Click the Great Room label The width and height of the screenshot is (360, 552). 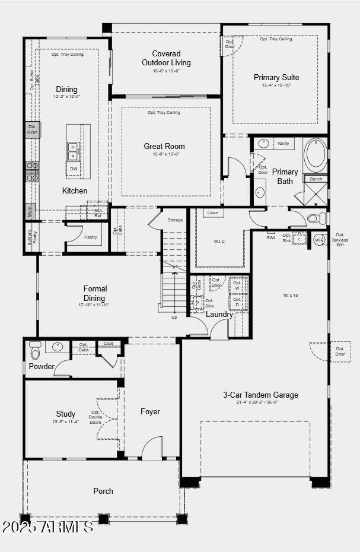pos(164,146)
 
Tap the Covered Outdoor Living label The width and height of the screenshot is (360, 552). pos(166,58)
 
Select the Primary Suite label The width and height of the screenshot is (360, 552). pos(276,77)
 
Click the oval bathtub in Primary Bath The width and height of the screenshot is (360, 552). pos(316,156)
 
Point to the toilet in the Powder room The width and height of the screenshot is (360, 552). pos(35,351)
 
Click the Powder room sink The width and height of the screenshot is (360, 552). pos(58,347)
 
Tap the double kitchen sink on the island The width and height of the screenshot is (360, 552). pos(73,151)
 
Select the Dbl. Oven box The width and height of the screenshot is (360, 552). pos(33,129)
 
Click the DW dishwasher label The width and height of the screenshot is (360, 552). pos(74,169)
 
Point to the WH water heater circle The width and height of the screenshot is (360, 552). pos(318,240)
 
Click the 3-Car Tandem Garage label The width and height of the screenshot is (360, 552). pos(260,395)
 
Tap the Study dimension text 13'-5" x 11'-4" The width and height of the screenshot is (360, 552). pos(65,422)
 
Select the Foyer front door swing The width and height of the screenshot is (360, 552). pos(152,449)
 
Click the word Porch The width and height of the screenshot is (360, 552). pos(103,491)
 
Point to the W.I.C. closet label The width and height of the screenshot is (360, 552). pos(220,241)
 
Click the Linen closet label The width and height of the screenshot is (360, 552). pos(214,212)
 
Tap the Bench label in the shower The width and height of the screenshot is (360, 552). pos(316,179)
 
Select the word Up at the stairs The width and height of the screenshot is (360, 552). pos(174,317)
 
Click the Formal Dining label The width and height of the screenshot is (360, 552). pos(95,293)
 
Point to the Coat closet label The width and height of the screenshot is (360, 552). pos(108,343)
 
